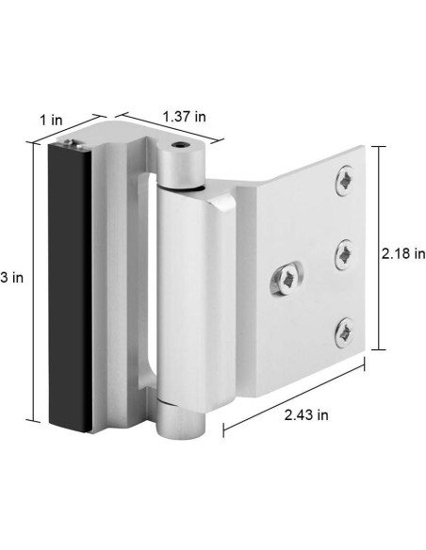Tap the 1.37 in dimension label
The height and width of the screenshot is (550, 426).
click(x=184, y=116)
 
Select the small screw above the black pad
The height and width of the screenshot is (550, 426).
click(x=74, y=142)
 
